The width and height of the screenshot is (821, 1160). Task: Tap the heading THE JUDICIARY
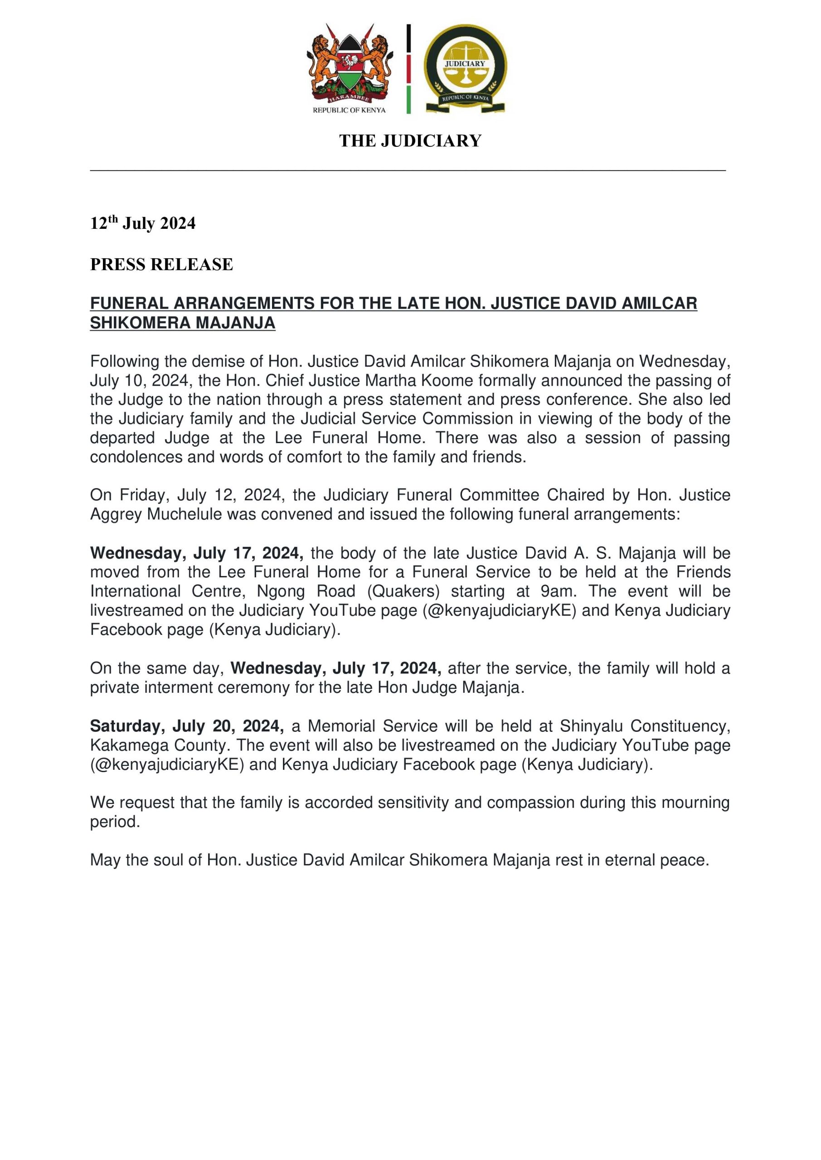point(410,140)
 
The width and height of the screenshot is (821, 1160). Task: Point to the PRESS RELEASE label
point(161,264)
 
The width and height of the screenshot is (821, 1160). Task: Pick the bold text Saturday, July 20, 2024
point(186,726)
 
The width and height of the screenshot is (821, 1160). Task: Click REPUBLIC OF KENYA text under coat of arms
point(349,110)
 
